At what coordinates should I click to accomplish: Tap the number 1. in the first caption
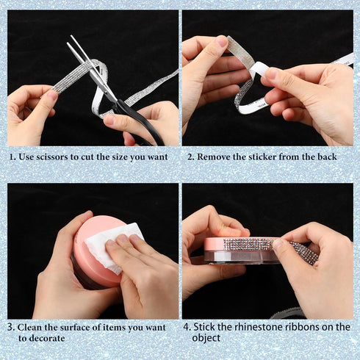click(x=12, y=157)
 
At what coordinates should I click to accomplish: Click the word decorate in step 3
click(x=46, y=339)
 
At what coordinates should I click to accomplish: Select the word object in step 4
click(x=206, y=338)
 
